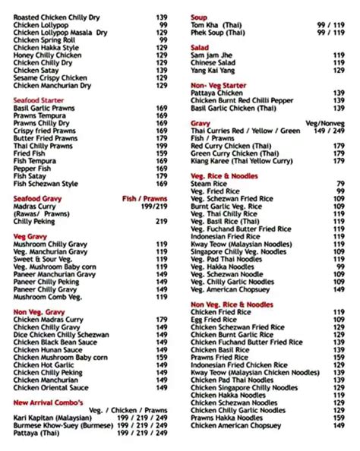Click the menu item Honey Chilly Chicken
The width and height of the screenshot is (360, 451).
click(x=47, y=55)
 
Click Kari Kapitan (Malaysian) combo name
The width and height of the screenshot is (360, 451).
click(x=52, y=418)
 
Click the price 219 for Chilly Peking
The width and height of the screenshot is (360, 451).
click(x=161, y=221)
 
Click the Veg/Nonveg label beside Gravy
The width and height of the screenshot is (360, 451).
click(x=324, y=122)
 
